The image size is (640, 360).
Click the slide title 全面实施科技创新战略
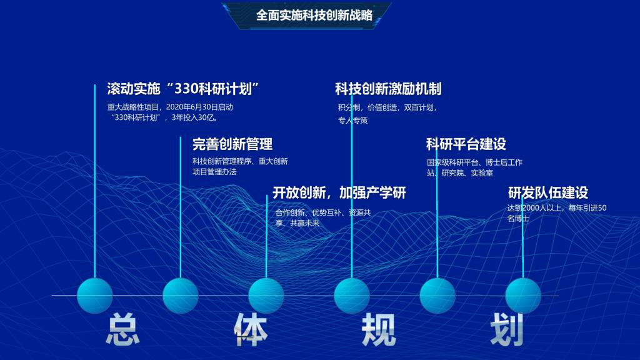(314, 16)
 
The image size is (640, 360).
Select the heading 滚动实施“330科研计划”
(183, 89)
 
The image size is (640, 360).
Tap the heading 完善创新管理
(232, 144)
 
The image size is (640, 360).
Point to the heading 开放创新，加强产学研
(339, 192)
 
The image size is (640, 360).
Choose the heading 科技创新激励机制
(388, 89)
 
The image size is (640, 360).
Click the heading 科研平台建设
(466, 144)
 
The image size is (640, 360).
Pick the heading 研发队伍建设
(548, 192)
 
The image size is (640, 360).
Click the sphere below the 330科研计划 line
(95, 296)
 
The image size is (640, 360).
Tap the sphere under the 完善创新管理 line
(181, 296)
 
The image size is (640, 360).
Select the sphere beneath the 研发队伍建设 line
(523, 296)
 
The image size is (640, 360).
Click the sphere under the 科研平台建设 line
(437, 296)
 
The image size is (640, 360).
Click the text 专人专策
(353, 121)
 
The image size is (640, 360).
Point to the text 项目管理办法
(215, 172)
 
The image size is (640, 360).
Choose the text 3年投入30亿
(193, 117)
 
